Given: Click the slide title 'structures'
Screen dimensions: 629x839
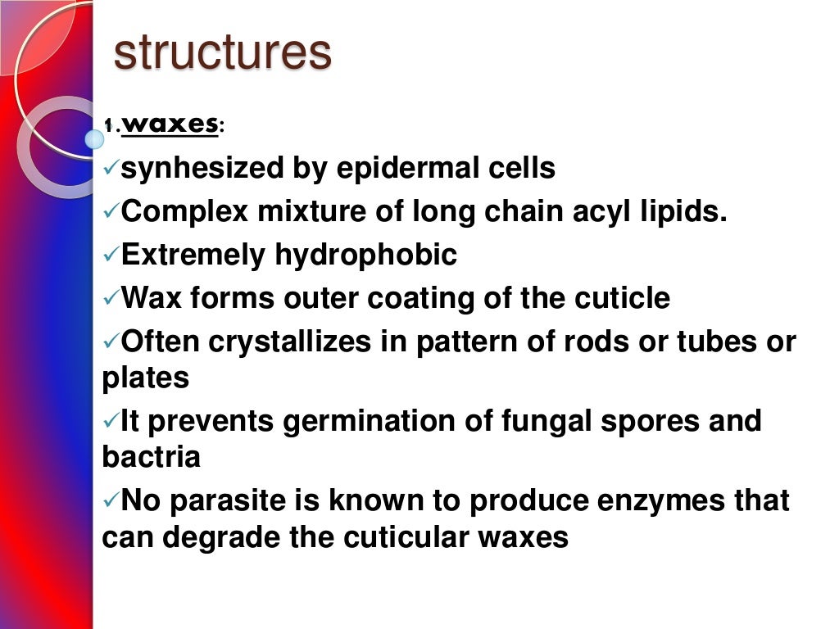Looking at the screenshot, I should (x=222, y=52).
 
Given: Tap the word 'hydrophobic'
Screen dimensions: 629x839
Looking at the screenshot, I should (x=365, y=256).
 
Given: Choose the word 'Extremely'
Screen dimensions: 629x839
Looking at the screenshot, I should (x=193, y=256).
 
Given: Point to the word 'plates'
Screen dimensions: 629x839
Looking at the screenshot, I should (x=146, y=378).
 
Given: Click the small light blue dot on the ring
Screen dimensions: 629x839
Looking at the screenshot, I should (x=94, y=139).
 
